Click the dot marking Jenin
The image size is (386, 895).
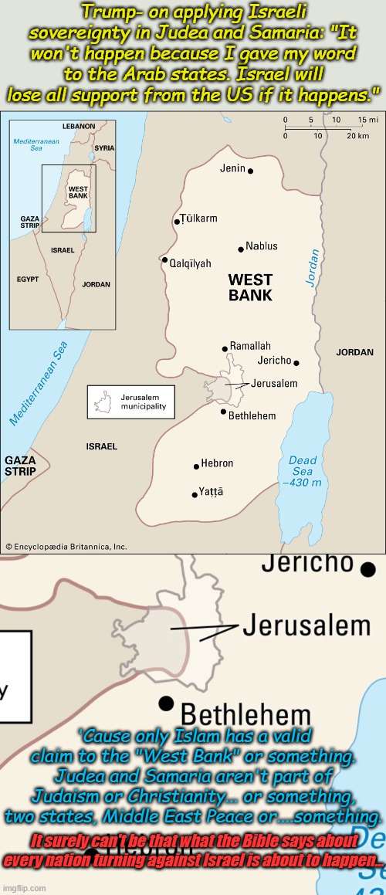250,171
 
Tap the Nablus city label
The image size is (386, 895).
262,247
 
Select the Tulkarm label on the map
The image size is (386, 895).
198,219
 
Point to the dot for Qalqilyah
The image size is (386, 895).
164,260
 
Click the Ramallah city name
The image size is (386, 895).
250,347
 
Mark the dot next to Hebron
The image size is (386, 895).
196,466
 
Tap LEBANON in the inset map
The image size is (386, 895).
79,126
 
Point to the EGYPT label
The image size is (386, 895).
28,279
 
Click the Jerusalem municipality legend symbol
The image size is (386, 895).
103,402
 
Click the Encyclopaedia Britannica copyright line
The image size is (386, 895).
66,547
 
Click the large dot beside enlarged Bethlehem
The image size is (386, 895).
165,703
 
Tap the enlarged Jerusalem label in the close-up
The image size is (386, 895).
306,625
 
